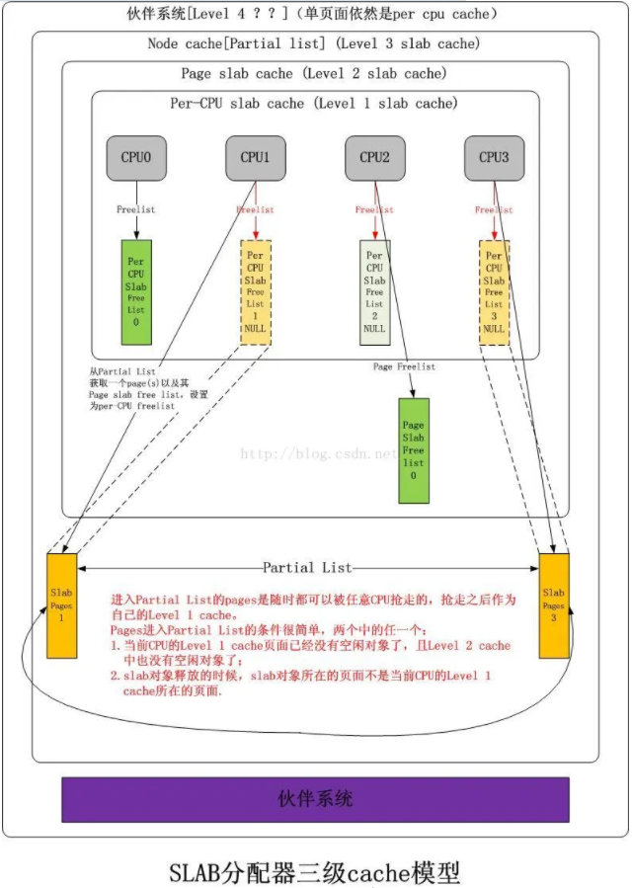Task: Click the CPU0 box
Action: point(136,158)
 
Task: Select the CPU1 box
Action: point(255,158)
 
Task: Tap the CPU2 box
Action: point(374,158)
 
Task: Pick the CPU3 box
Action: point(494,158)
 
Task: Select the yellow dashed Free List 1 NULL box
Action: point(256,292)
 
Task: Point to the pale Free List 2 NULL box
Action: point(374,292)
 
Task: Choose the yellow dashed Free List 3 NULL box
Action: point(494,292)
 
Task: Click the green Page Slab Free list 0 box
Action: point(413,450)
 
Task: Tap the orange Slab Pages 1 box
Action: point(61,605)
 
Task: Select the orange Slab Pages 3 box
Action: point(553,605)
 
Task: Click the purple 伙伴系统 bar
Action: point(315,799)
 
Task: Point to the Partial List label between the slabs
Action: point(307,568)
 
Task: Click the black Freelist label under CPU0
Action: point(136,209)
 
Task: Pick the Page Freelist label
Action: point(403,366)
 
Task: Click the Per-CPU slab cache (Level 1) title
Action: point(315,103)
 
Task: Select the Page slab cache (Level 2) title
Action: point(313,74)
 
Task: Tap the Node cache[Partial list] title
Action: point(313,43)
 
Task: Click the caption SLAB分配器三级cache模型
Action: point(315,871)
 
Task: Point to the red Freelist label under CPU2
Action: point(374,209)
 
